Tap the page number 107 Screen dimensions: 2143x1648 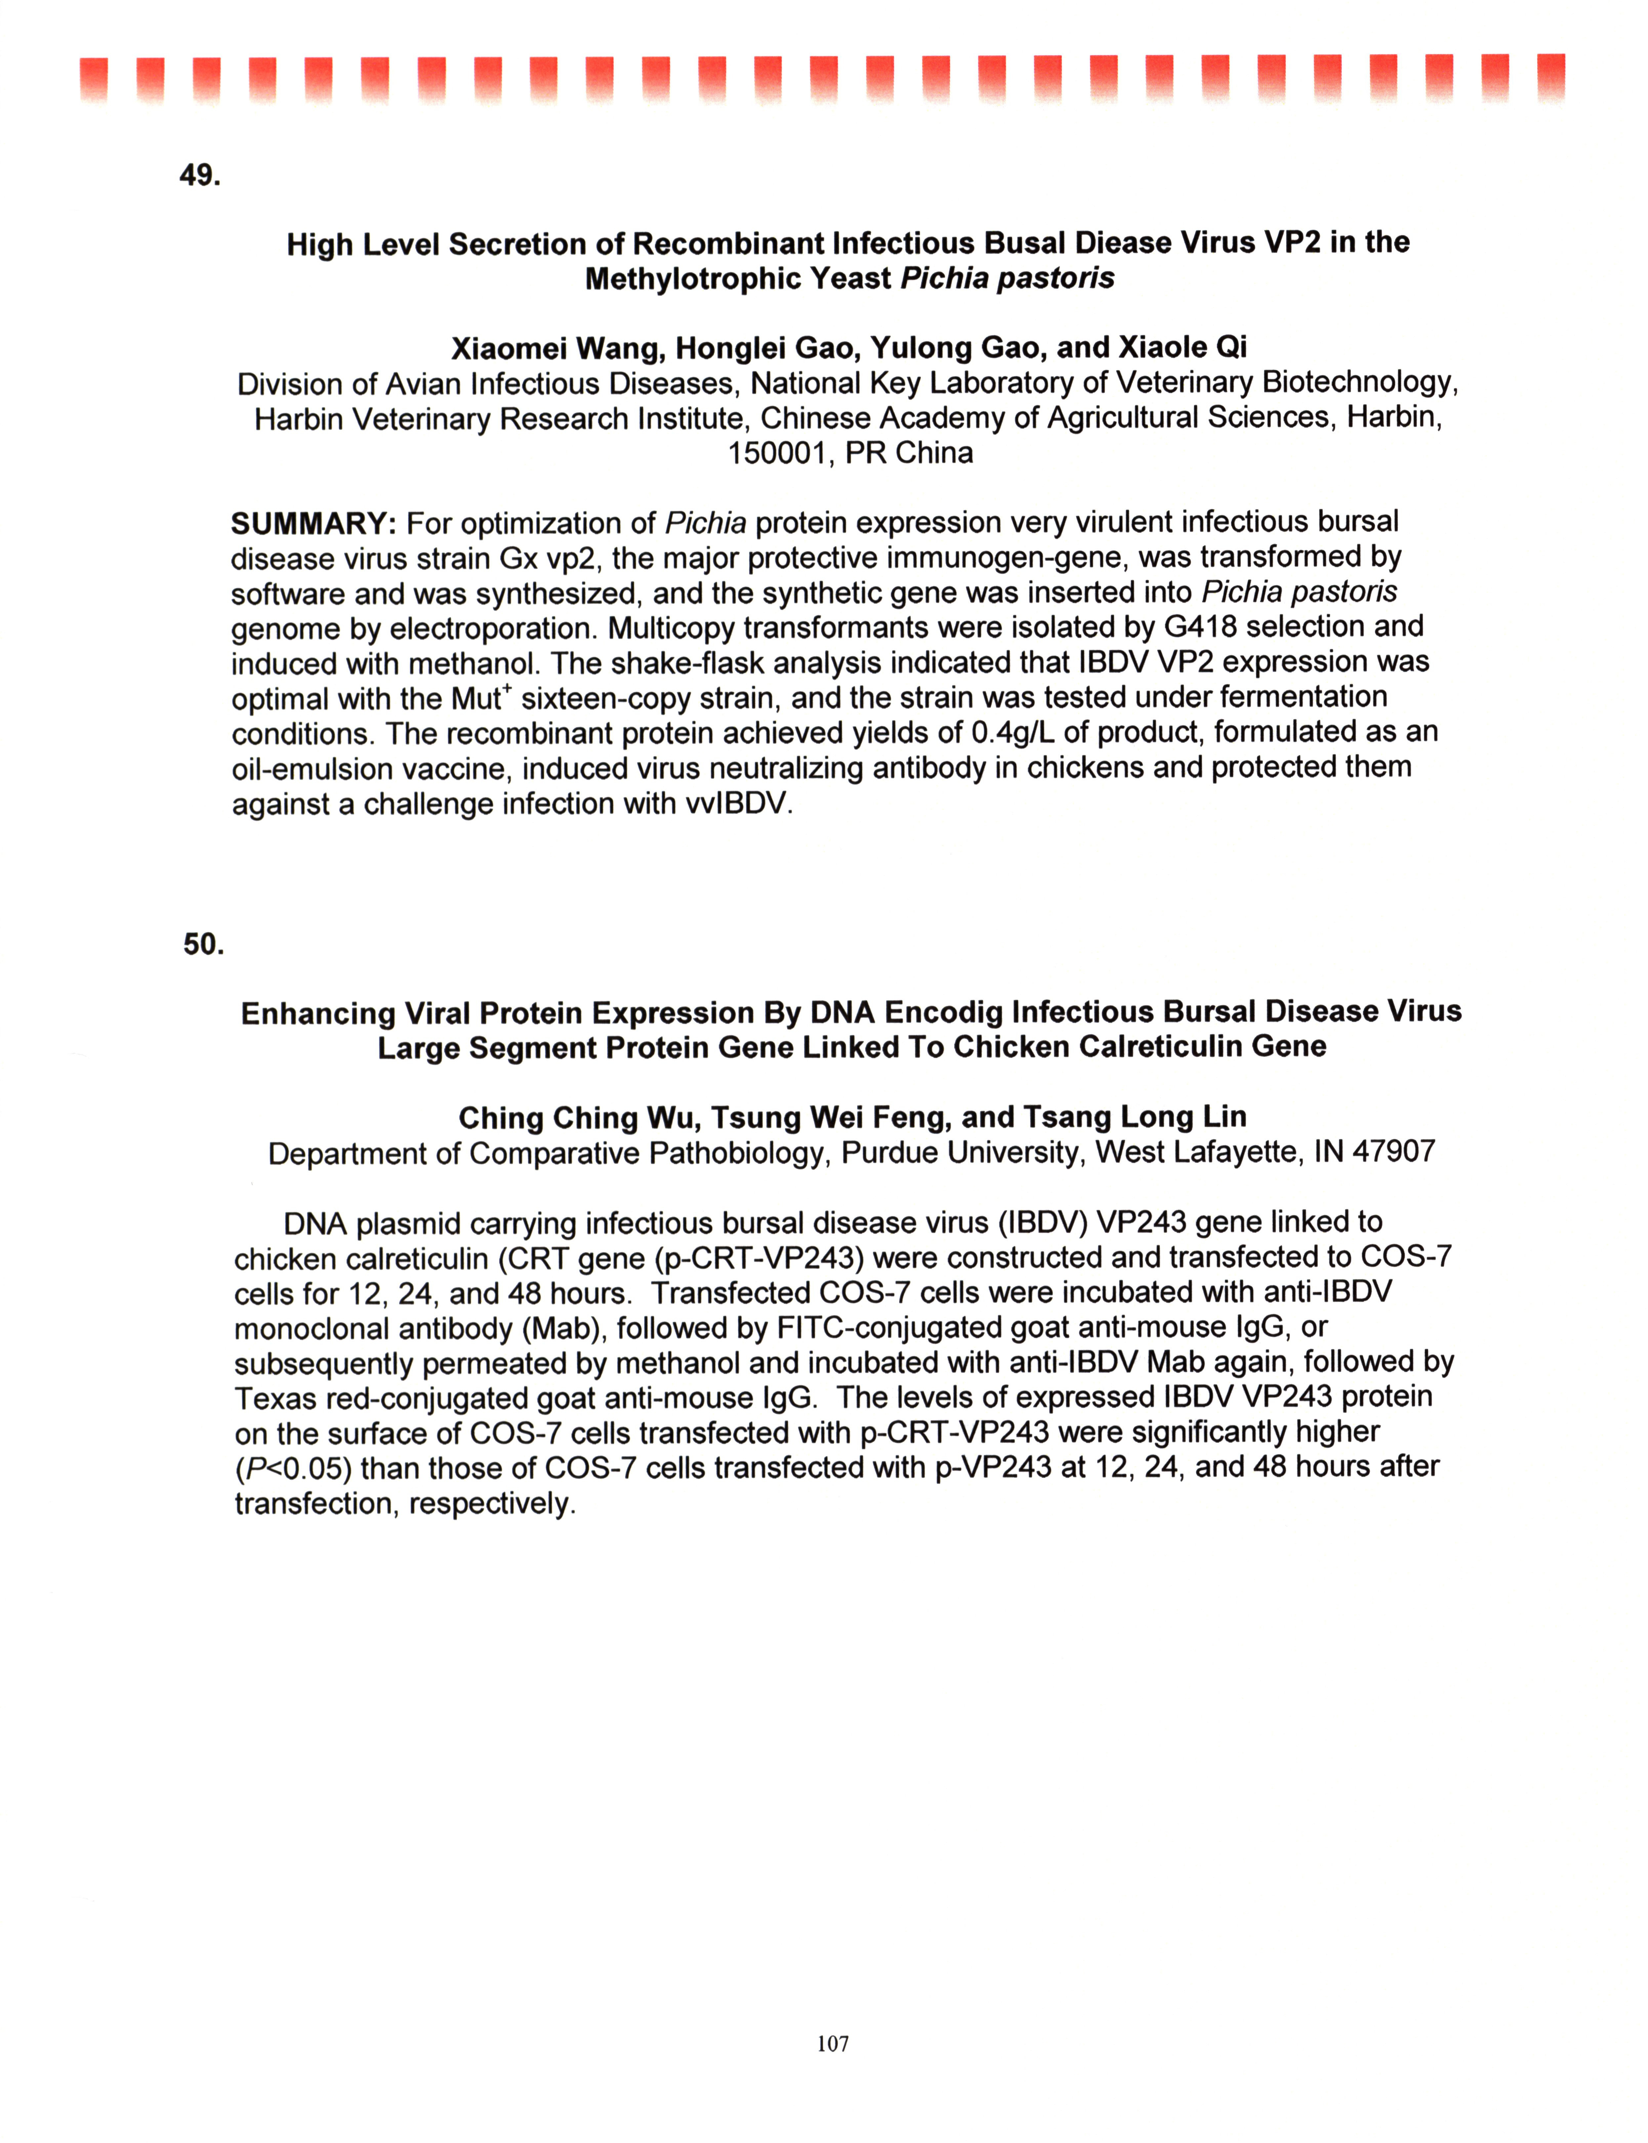point(832,2044)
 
